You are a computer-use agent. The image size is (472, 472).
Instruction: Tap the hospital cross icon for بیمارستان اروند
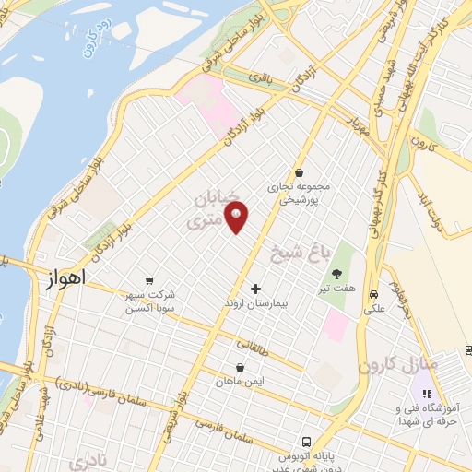(255, 289)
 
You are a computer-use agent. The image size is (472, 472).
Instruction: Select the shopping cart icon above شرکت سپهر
(148, 281)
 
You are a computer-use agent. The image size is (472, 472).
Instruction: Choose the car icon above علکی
(374, 295)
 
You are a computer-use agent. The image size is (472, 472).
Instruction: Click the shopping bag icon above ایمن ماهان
(240, 367)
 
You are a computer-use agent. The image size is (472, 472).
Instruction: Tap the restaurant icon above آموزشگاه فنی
(426, 395)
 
